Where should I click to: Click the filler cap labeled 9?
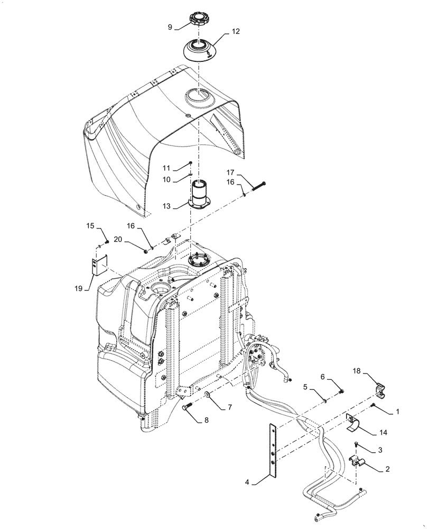pos(199,22)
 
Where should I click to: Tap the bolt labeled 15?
pos(107,242)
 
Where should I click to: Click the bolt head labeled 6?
pos(341,391)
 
